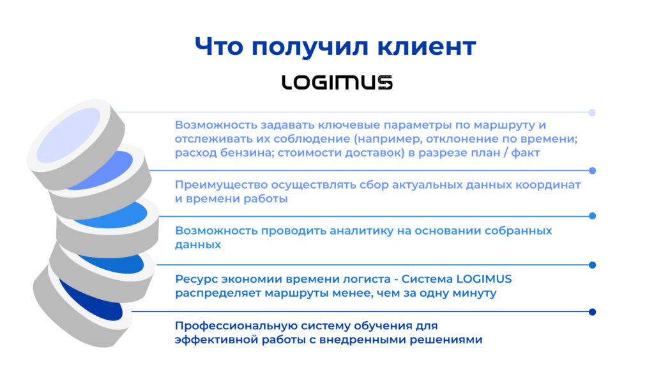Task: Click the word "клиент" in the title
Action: pos(426,46)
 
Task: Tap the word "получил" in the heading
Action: pos(310,47)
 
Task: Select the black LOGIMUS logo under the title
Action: pos(337,82)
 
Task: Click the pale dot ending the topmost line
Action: pos(592,113)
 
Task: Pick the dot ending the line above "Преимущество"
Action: pos(592,171)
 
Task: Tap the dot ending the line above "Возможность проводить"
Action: pos(592,216)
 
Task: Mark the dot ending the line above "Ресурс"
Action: pos(592,265)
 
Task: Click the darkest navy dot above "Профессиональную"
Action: pos(592,312)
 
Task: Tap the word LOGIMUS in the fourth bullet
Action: pos(484,279)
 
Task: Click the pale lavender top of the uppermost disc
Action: pos(69,135)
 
